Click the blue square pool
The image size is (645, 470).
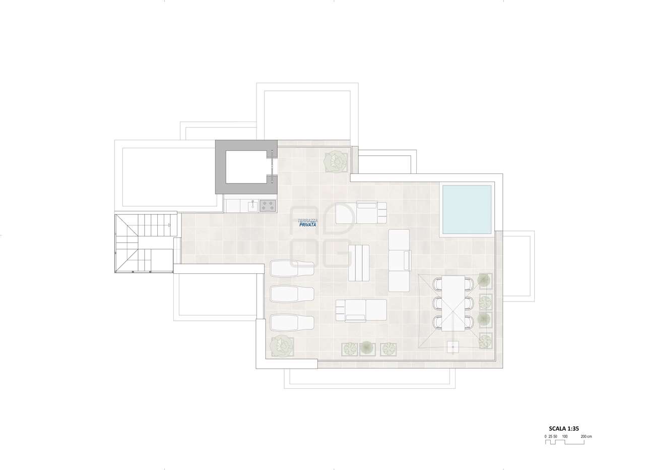click(x=467, y=209)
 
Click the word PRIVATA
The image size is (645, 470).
click(x=307, y=224)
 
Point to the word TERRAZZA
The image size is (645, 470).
click(x=308, y=220)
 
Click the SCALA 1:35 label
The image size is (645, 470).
click(x=564, y=437)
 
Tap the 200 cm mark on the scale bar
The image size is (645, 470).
click(x=586, y=444)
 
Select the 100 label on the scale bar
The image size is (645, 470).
click(x=565, y=444)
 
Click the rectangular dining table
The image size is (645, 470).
click(x=453, y=304)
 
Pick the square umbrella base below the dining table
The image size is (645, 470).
click(x=453, y=347)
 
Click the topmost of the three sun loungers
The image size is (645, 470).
click(x=292, y=268)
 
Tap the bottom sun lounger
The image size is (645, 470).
click(x=292, y=323)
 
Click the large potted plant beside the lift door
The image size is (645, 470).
click(x=335, y=162)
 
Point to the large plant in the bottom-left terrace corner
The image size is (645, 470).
click(x=282, y=347)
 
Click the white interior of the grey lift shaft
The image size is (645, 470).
click(x=247, y=167)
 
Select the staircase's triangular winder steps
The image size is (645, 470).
click(x=126, y=243)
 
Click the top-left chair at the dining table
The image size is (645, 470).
click(x=438, y=284)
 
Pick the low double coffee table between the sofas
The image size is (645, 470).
click(x=358, y=263)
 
